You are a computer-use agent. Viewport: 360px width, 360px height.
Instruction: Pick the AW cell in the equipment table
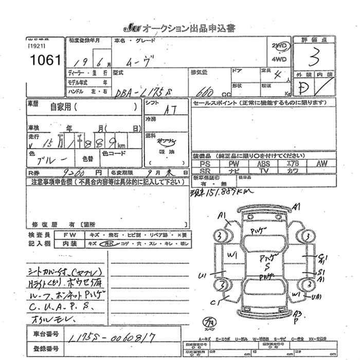pyautogui.click(x=322, y=163)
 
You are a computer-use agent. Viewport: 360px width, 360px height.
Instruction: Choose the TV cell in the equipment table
pyautogui.click(x=264, y=170)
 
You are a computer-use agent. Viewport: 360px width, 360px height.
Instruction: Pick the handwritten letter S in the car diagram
pyautogui.click(x=267, y=267)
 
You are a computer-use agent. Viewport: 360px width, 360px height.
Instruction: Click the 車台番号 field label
pyautogui.click(x=44, y=334)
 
